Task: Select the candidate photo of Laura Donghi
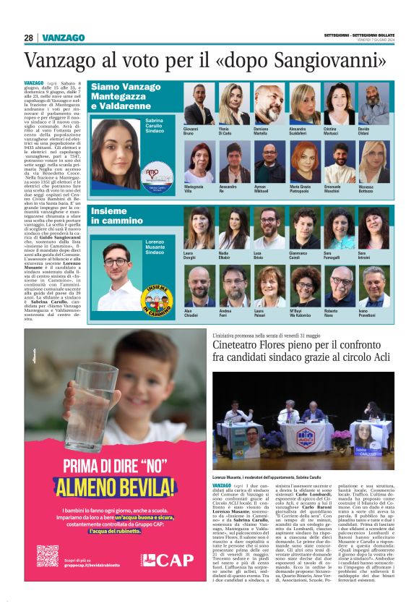(199, 229)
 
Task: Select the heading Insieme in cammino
(116, 215)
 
